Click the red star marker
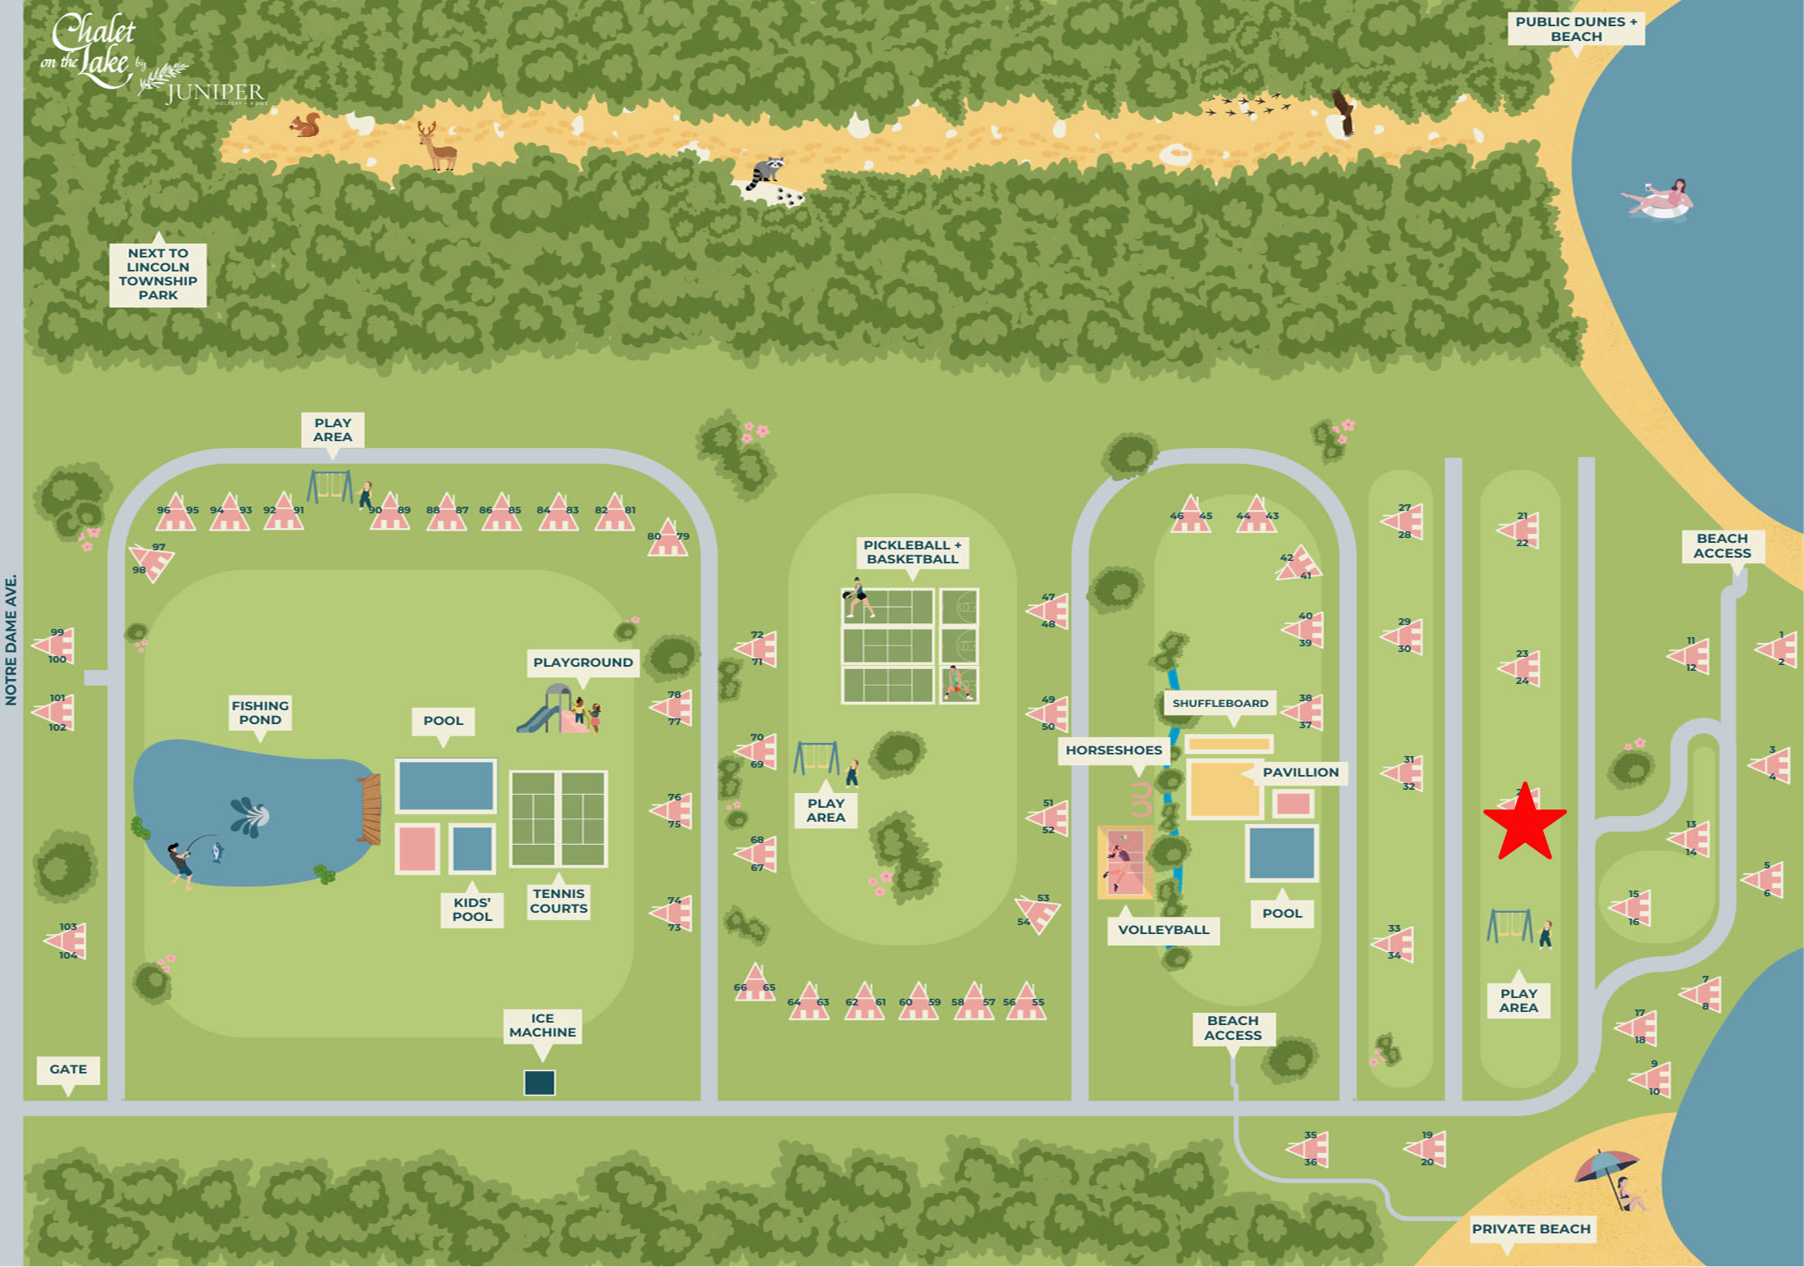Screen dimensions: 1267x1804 tap(1524, 822)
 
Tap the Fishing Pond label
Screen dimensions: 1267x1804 tap(260, 713)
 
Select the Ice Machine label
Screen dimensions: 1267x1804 tap(542, 1025)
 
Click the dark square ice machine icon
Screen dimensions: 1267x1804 tap(540, 1082)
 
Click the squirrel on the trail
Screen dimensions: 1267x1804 tap(306, 125)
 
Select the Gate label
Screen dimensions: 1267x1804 tap(68, 1069)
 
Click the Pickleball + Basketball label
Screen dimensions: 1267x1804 tap(912, 552)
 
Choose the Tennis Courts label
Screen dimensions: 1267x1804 tap(558, 900)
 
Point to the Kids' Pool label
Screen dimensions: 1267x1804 tap(472, 909)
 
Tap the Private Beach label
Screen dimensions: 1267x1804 tap(1531, 1228)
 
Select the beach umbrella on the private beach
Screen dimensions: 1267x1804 tap(1606, 1168)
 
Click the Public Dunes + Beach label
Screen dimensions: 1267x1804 tap(1575, 29)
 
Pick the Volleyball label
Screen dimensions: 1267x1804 tap(1163, 930)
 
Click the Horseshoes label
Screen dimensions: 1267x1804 tap(1114, 750)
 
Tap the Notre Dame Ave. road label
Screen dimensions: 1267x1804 tap(11, 640)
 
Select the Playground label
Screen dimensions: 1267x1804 tap(582, 663)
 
